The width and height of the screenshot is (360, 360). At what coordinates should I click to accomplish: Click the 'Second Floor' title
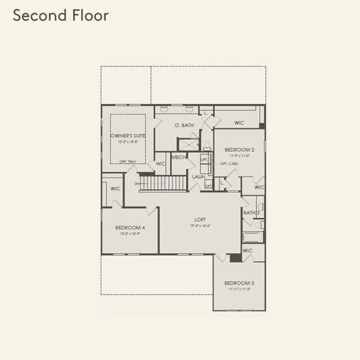61,16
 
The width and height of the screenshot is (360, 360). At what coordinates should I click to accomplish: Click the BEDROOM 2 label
239,149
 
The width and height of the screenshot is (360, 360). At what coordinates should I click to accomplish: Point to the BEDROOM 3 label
239,283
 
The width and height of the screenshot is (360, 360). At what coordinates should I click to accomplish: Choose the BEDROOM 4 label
130,228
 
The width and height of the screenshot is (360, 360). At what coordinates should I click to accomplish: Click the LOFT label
200,220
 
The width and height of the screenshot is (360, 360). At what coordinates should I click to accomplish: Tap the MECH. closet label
179,157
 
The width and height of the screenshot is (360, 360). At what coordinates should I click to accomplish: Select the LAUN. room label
199,177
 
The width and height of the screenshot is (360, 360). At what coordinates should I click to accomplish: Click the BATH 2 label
251,212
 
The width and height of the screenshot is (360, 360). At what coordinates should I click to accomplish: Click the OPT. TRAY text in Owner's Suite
127,161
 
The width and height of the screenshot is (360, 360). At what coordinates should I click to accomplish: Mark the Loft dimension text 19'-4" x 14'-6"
200,226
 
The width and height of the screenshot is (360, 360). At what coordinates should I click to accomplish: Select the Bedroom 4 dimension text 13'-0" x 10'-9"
130,234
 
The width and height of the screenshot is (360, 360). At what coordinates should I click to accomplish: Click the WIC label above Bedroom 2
239,122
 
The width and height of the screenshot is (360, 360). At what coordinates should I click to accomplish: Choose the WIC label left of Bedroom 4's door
116,188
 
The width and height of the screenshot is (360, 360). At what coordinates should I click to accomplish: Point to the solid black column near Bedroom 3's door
235,258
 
